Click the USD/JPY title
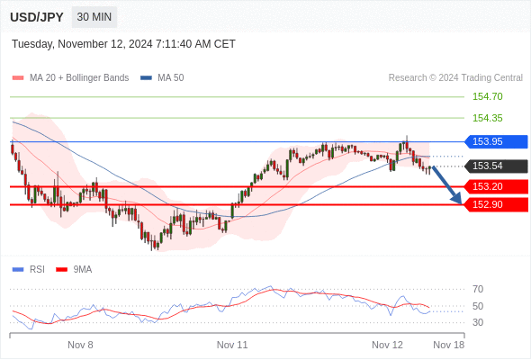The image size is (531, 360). [x=37, y=17]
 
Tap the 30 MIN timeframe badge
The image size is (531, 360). [x=94, y=17]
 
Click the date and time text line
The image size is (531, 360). [x=123, y=44]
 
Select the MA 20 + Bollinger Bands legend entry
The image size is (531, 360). [x=70, y=78]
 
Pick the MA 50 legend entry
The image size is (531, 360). [x=162, y=78]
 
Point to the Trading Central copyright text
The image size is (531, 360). [x=455, y=78]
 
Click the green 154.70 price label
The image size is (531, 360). [x=487, y=96]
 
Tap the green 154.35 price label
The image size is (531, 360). [x=487, y=118]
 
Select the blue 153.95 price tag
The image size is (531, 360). [x=496, y=141]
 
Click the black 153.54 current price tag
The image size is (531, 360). [x=496, y=166]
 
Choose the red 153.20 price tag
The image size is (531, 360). [x=496, y=186]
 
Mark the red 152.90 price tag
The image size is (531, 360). [x=496, y=204]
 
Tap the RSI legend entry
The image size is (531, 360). [x=29, y=270]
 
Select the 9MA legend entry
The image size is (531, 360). [x=74, y=270]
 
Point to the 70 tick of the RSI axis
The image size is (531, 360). [x=478, y=289]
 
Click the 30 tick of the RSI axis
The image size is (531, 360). [x=478, y=322]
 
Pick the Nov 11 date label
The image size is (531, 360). [x=232, y=345]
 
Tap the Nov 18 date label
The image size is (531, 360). [x=449, y=345]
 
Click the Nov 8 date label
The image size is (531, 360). [x=80, y=345]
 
